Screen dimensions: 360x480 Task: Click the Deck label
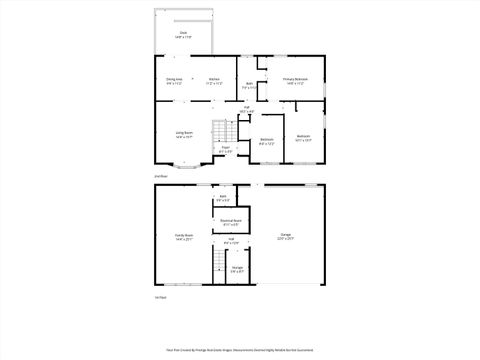coord(183,34)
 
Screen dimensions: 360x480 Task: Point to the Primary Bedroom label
coord(294,80)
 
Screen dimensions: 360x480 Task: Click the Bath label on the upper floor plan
coord(249,86)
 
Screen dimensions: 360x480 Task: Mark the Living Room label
coord(184,133)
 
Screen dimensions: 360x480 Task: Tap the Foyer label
coord(225,150)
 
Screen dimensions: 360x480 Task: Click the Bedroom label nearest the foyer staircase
coord(266,141)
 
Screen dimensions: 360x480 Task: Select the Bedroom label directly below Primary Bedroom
coord(303,137)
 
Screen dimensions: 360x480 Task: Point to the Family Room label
coord(183,237)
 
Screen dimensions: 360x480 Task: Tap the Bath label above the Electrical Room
coord(221,200)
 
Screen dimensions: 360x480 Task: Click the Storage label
coord(237,269)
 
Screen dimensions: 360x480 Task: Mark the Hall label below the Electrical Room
coord(229,239)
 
